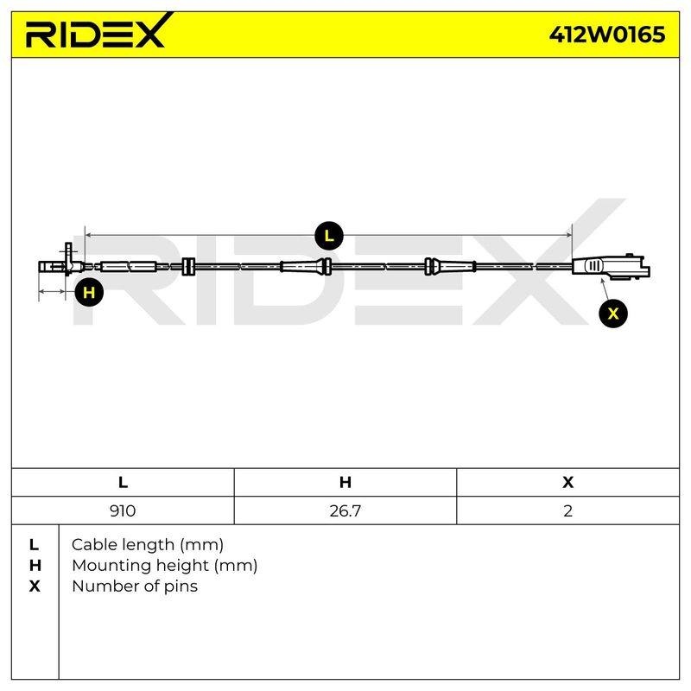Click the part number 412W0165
tap(607, 35)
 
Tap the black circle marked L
tap(329, 236)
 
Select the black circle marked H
tap(89, 292)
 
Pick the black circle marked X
tap(613, 314)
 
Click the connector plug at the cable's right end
tap(611, 267)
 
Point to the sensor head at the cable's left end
tap(60, 263)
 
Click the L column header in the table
tap(123, 482)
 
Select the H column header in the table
tap(345, 482)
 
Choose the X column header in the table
tap(568, 482)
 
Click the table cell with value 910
tap(123, 510)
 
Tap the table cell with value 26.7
tap(345, 510)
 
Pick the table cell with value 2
tap(568, 510)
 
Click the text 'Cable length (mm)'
tap(148, 545)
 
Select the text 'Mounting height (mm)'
tap(165, 566)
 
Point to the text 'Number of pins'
tap(135, 586)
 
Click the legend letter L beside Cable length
tap(34, 545)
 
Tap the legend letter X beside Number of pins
tap(35, 586)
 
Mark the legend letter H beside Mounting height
tap(35, 566)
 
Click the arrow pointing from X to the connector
tap(605, 289)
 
